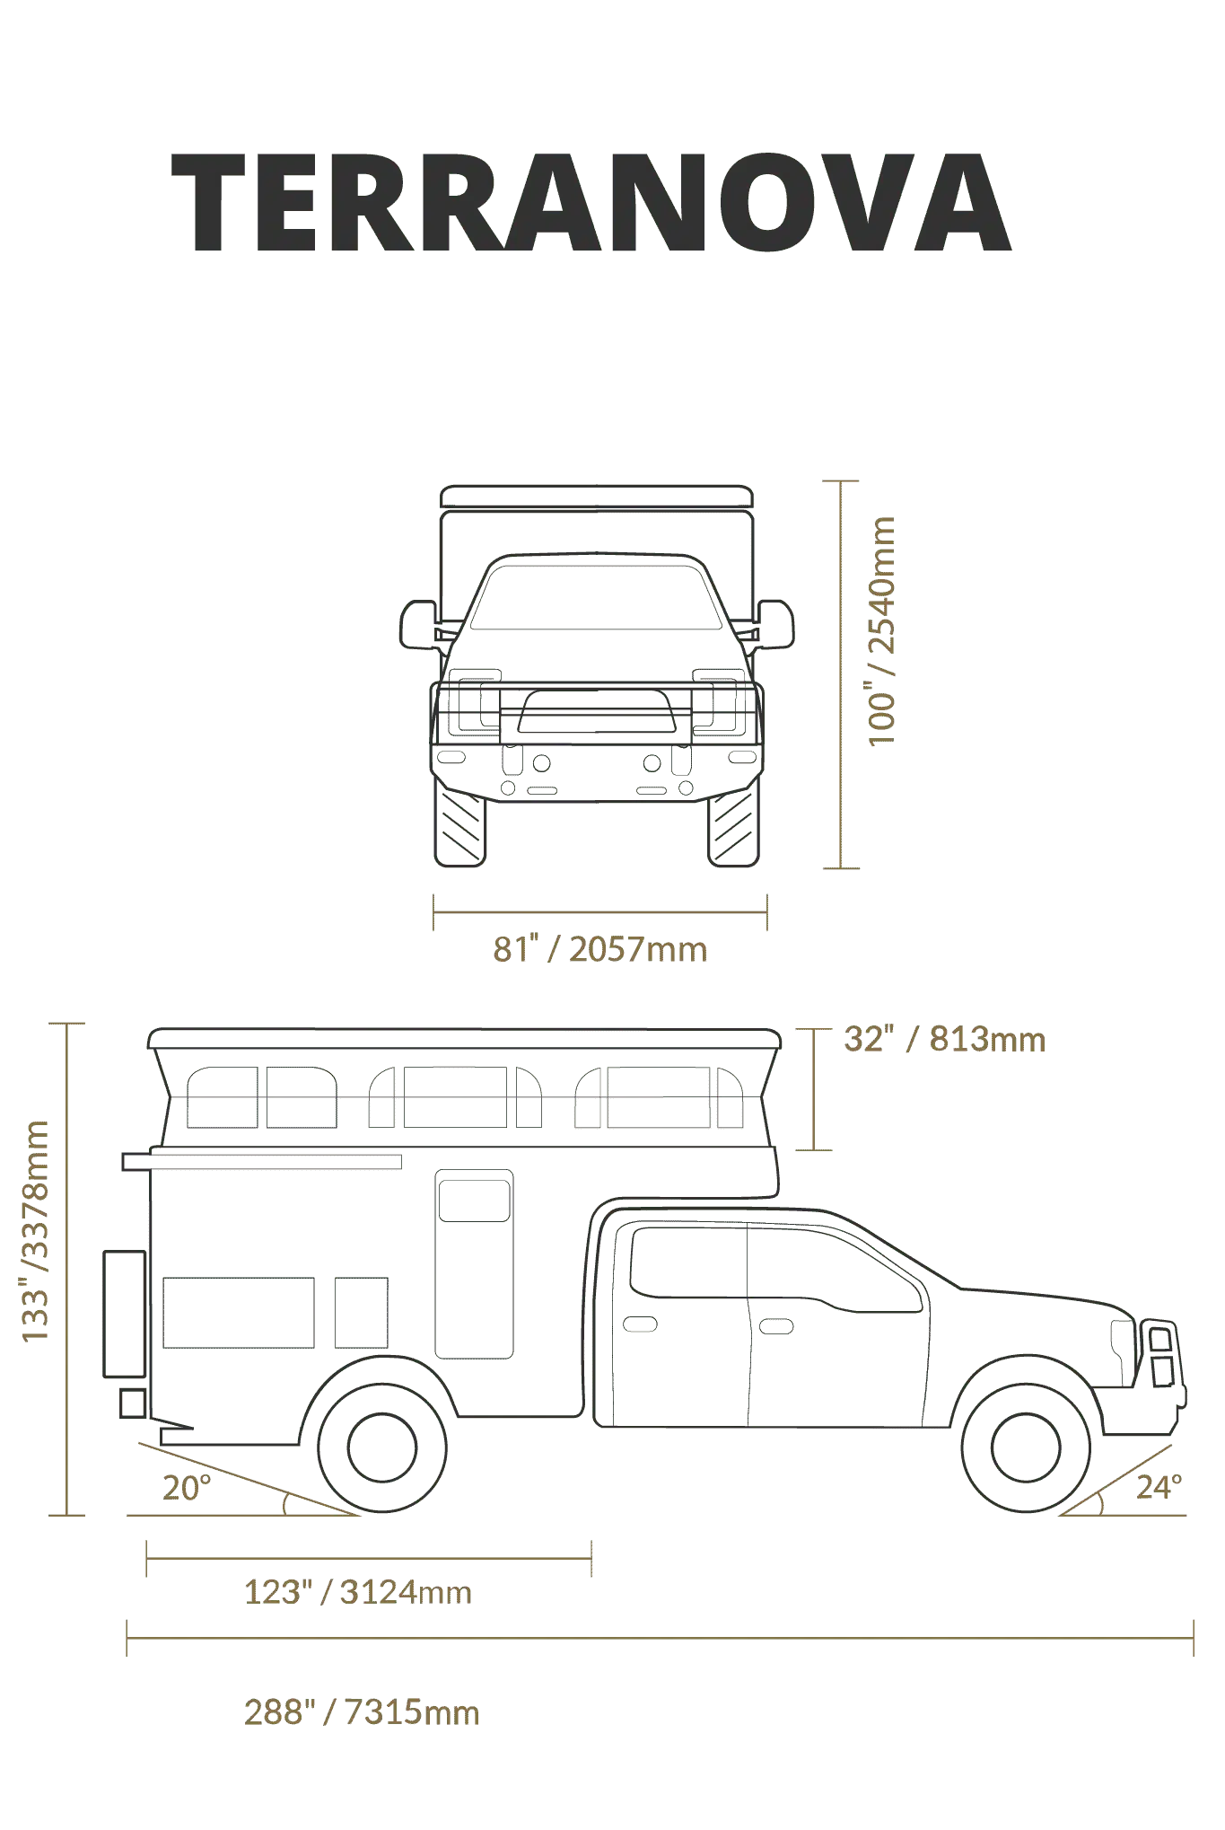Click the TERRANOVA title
point(591,203)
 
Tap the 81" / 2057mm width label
point(600,949)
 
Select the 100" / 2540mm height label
point(881,631)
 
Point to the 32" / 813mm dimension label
point(945,1039)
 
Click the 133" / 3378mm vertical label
point(35,1231)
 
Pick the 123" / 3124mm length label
point(358,1592)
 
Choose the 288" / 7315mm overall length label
point(362,1712)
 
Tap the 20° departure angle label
point(187,1488)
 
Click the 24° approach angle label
point(1159,1487)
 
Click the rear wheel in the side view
point(382,1447)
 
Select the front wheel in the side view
point(1026,1447)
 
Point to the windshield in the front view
point(596,597)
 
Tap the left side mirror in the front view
point(417,624)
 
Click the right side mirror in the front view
point(776,624)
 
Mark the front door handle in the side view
point(776,1326)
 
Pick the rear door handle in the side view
point(640,1324)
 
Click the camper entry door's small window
point(474,1201)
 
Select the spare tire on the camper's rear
point(124,1314)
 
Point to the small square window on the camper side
point(362,1313)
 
